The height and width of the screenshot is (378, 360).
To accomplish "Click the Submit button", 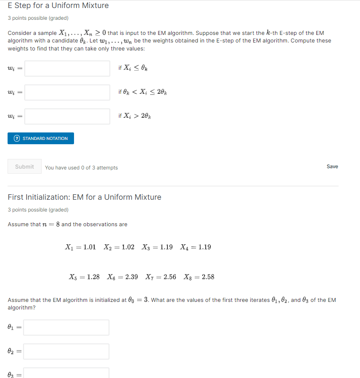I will [x=24, y=167].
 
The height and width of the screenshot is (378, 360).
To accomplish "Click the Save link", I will [x=332, y=167].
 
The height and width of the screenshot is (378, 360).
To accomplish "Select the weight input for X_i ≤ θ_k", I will [x=67, y=69].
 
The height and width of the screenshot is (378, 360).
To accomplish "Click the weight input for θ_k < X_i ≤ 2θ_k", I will [x=67, y=93].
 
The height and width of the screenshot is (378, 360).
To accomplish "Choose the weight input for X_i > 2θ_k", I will [x=67, y=116].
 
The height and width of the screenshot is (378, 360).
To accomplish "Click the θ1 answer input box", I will [x=66, y=328].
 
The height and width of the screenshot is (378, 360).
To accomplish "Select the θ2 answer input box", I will [x=66, y=352].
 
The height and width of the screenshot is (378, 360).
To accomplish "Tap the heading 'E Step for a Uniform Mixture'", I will [x=58, y=5].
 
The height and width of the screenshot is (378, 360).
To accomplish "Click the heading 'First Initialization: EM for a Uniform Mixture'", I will [x=85, y=197].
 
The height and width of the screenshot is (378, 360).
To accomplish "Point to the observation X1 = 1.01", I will [x=80, y=247].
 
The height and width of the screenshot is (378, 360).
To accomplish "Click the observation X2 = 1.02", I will [x=119, y=247].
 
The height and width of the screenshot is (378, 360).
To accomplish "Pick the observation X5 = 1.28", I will [x=84, y=277].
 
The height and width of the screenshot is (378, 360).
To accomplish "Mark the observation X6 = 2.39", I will [x=122, y=277].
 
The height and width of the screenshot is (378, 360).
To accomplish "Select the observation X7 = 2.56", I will [x=161, y=277].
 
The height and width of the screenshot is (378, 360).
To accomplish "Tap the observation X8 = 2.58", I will [x=199, y=277].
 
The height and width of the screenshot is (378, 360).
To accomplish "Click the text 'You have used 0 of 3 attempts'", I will [x=81, y=168].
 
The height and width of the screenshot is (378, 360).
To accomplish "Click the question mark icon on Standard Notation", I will [x=17, y=138].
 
